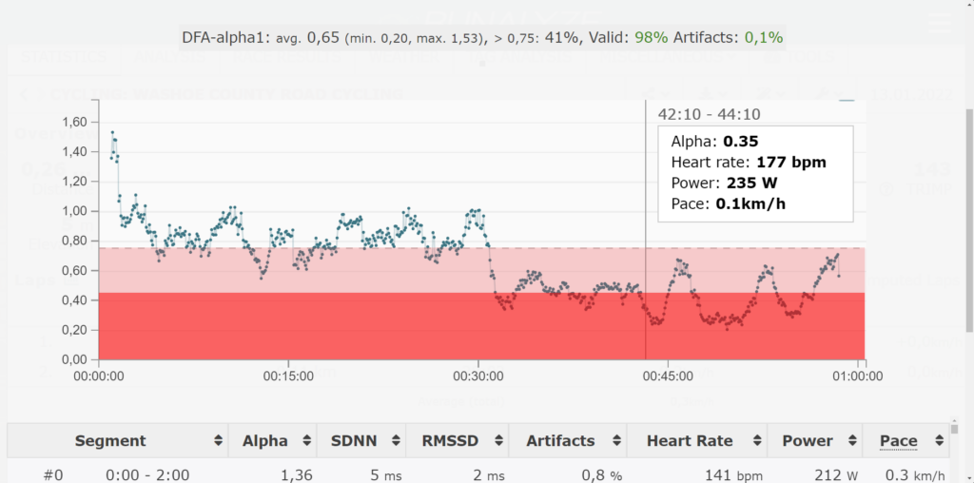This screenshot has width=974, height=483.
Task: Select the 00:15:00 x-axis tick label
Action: (288, 376)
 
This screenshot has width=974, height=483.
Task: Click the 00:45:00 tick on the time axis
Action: (669, 376)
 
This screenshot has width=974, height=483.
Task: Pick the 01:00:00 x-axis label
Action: (859, 376)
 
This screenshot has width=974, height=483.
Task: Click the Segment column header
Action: (110, 441)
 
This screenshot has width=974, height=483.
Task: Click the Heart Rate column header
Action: (690, 441)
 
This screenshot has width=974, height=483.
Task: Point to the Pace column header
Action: (898, 441)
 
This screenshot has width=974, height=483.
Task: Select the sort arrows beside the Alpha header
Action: (305, 441)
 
